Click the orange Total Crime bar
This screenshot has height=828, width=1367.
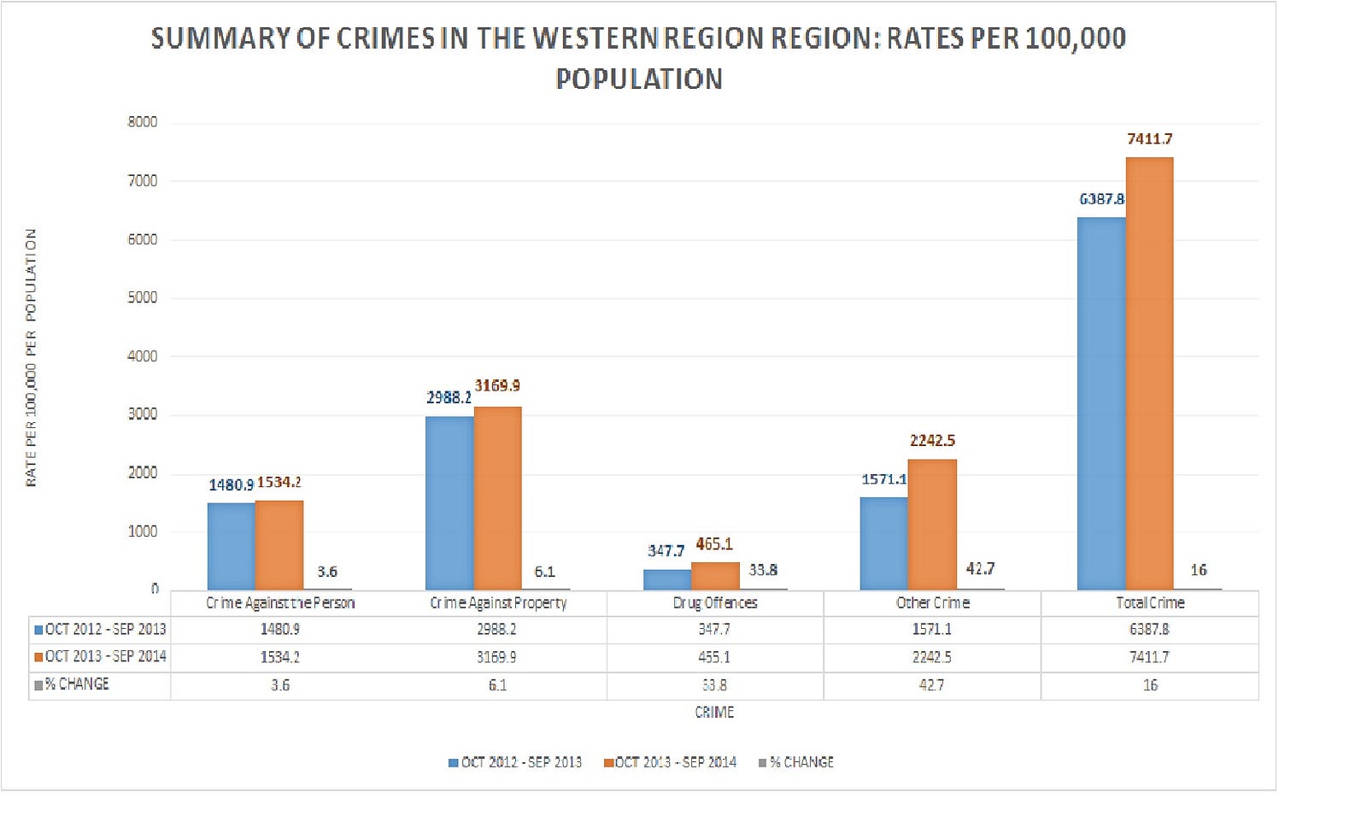pos(1149,373)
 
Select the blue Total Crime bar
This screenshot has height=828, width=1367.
pos(1101,403)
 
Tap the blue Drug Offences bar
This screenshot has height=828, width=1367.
pos(667,579)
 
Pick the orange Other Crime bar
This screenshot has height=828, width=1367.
pos(932,524)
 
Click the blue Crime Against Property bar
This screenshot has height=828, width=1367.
pos(449,502)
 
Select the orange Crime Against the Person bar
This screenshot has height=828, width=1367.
pos(279,544)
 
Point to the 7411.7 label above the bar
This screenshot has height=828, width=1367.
pos(1149,138)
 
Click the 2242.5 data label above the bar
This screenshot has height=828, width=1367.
pos(932,440)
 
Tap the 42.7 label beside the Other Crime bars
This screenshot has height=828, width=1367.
pos(980,568)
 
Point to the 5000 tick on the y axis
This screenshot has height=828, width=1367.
pos(143,297)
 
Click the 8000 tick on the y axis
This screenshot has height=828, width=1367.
pos(143,121)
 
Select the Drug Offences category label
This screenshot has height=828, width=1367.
pos(715,602)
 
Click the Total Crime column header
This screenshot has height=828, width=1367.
pos(1150,602)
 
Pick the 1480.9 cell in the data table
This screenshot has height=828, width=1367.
pos(280,629)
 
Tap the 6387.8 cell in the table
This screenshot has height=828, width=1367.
pos(1149,629)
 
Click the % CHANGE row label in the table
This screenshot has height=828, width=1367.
pos(77,684)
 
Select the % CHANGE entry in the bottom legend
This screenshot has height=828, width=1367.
pos(801,761)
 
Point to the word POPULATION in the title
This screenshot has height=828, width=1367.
pos(639,79)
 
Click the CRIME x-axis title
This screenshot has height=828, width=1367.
pos(714,712)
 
